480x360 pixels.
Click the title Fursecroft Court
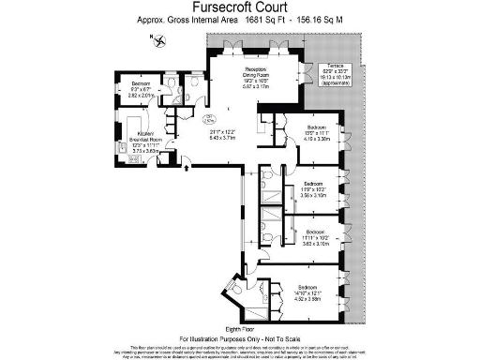pos(239,8)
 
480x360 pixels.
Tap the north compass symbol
pos(152,37)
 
